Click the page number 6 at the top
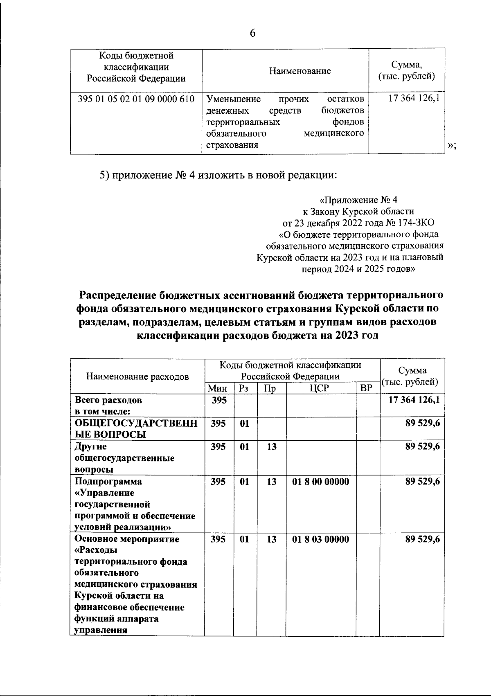tap(252, 34)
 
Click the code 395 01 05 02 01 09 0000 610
tap(136, 99)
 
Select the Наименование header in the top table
tap(300, 71)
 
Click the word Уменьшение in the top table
tap(234, 99)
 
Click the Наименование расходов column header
tap(137, 376)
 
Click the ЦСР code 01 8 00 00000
tap(321, 482)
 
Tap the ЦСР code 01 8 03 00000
tap(321, 539)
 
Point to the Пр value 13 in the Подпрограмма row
tap(272, 482)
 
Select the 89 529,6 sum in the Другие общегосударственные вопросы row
tap(423, 447)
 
